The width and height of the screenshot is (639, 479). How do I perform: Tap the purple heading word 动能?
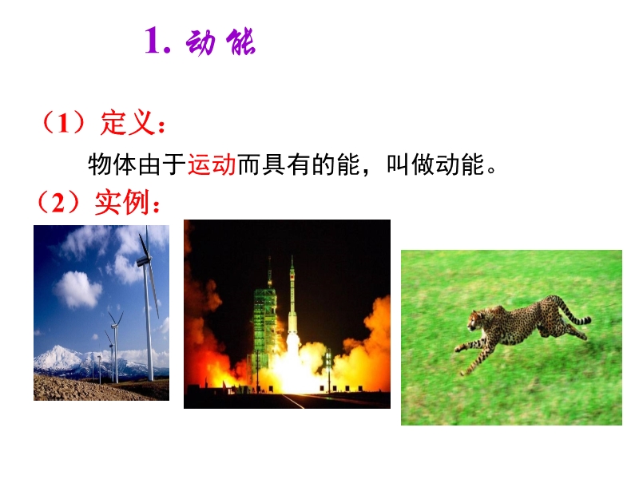coord(220,42)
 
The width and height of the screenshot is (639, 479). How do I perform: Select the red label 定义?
coord(127,122)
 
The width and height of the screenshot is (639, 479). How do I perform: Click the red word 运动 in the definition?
coord(212,164)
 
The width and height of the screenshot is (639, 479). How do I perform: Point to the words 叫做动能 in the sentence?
coord(435,164)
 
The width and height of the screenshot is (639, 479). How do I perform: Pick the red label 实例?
coord(121,202)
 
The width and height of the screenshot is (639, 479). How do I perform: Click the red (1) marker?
coord(62,123)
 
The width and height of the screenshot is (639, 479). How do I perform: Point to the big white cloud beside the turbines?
coord(77,289)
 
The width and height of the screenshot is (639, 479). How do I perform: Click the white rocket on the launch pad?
coord(292,302)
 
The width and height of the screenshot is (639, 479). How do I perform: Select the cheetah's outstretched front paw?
coord(458,349)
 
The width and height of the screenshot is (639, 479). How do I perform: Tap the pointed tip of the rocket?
coord(292,256)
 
